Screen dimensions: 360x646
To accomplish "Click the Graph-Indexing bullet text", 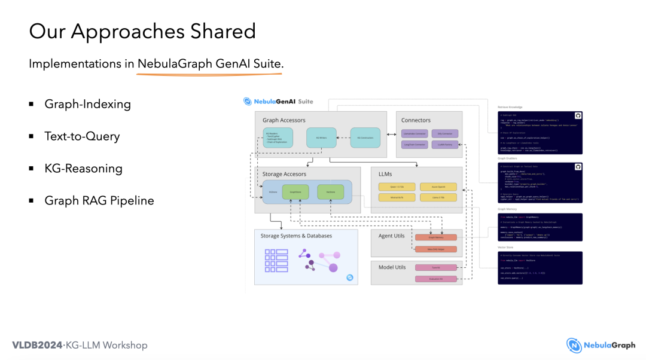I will [x=87, y=104].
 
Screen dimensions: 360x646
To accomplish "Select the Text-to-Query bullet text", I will [x=82, y=136].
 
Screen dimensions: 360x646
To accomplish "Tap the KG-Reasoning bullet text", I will [x=83, y=169].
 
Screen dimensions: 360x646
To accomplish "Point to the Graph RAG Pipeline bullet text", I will [x=99, y=201].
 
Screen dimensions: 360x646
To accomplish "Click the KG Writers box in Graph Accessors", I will [x=321, y=137].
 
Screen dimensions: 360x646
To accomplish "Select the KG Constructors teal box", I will [x=365, y=137].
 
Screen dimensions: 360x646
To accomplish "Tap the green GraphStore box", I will [x=295, y=192].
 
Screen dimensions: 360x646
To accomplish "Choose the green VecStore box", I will [x=330, y=192].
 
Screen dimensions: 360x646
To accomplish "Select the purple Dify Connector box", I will [x=444, y=133].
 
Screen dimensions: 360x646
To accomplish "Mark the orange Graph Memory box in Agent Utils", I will [x=435, y=237].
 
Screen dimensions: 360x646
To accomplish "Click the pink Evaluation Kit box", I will [x=435, y=279].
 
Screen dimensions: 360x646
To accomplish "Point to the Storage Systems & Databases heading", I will [x=296, y=236].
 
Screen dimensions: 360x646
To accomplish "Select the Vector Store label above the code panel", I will [x=505, y=247].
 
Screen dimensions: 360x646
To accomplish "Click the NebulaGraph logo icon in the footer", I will [x=574, y=345].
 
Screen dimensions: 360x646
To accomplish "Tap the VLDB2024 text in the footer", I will [x=37, y=345].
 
